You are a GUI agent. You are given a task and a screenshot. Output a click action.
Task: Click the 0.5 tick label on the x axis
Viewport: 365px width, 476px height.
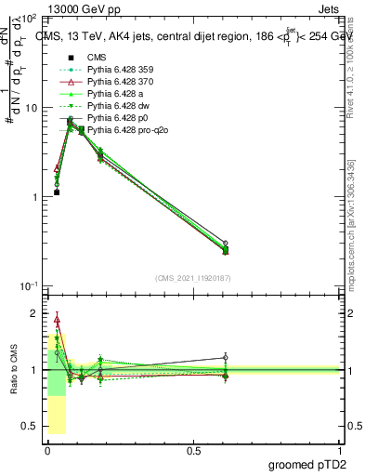point(193,450)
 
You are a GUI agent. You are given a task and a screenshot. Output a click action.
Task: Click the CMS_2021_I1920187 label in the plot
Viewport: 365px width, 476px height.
point(193,278)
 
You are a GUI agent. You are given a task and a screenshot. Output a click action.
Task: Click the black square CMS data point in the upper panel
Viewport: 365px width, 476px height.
point(57,192)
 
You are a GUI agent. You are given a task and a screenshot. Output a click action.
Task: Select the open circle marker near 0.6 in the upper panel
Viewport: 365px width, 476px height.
point(226,243)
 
